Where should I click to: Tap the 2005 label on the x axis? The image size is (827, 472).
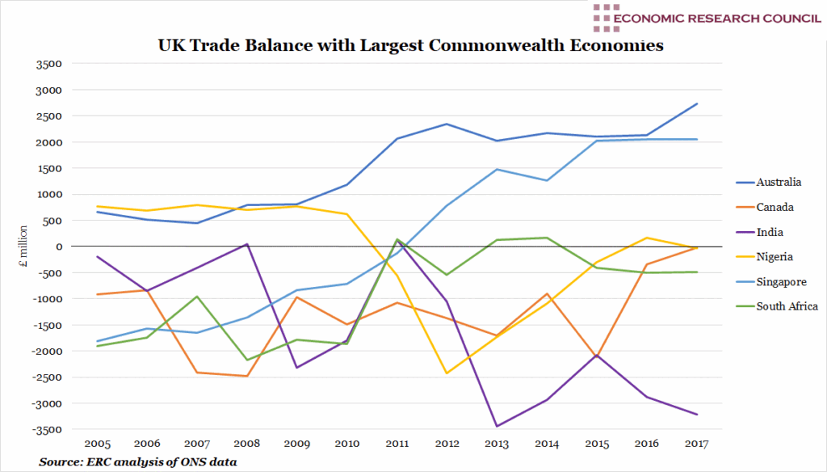(x=96, y=444)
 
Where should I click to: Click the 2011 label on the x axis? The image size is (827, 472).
(x=396, y=444)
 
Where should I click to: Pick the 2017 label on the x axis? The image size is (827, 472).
(x=696, y=444)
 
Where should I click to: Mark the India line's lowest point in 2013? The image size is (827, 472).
(x=496, y=426)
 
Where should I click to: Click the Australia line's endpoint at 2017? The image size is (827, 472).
(x=696, y=103)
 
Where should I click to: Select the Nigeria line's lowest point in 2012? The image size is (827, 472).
(x=446, y=373)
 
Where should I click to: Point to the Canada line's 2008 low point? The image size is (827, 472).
(x=246, y=376)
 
